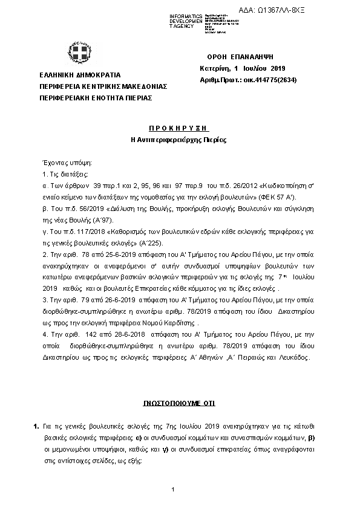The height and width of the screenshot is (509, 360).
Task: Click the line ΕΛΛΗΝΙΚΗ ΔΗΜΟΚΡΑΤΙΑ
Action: [79, 76]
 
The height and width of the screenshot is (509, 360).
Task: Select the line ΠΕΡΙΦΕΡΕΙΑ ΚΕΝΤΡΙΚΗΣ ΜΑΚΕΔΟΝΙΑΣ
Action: [102, 86]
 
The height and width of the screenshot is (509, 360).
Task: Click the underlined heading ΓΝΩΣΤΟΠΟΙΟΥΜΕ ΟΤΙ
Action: [179, 403]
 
